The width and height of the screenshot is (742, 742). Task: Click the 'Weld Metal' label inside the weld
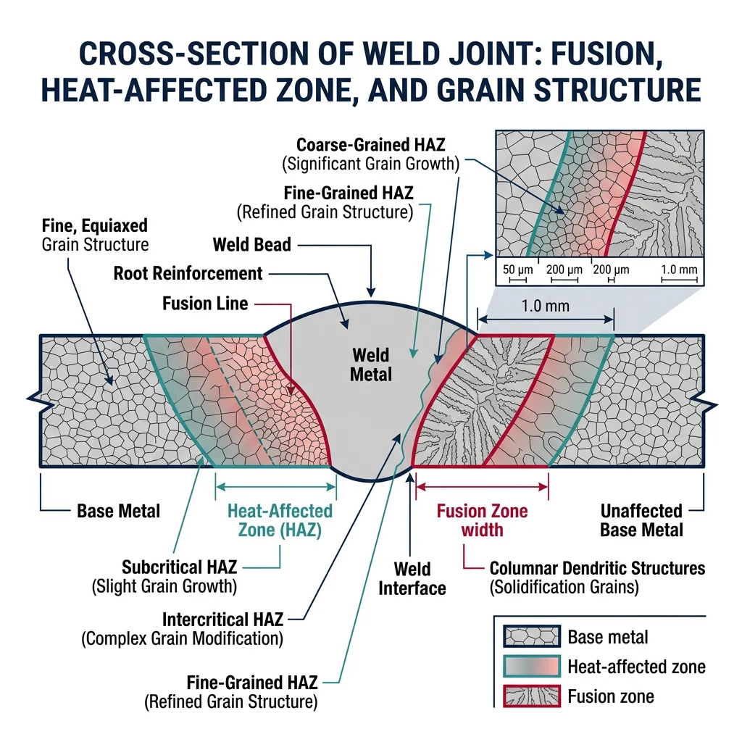[x=371, y=364]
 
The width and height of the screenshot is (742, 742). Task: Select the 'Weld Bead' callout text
[x=251, y=244]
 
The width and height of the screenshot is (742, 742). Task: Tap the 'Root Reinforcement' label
[x=188, y=273]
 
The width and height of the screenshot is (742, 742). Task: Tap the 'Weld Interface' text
[x=412, y=578]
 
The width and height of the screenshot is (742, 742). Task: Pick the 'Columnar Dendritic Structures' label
[x=597, y=567]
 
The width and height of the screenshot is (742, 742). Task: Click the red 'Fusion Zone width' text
[x=482, y=520]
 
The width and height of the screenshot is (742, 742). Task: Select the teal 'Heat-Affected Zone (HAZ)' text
[x=280, y=520]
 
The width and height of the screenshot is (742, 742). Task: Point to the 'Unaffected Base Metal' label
[x=641, y=520]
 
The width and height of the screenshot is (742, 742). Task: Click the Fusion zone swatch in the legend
[x=531, y=696]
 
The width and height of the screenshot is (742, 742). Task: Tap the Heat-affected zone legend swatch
[x=531, y=667]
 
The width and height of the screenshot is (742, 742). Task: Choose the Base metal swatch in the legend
[x=531, y=638]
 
